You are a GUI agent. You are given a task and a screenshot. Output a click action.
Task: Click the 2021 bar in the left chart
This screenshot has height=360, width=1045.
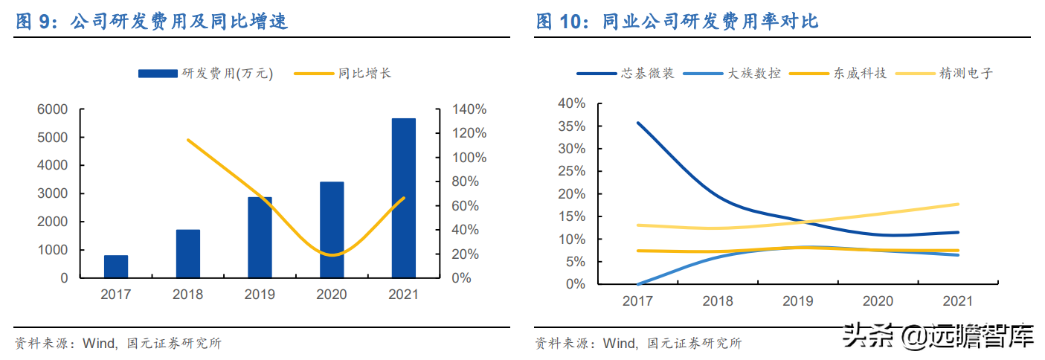[403, 198]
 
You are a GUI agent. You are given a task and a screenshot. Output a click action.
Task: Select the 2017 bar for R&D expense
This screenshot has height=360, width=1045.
[116, 266]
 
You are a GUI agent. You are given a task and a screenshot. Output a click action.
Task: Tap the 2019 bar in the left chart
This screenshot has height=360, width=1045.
[260, 237]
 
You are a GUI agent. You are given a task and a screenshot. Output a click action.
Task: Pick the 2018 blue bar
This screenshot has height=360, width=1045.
[187, 254]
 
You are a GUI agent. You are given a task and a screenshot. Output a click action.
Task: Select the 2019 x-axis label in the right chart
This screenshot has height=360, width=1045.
[797, 301]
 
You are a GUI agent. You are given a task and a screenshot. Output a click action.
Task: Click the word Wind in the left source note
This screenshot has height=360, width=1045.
[98, 343]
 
